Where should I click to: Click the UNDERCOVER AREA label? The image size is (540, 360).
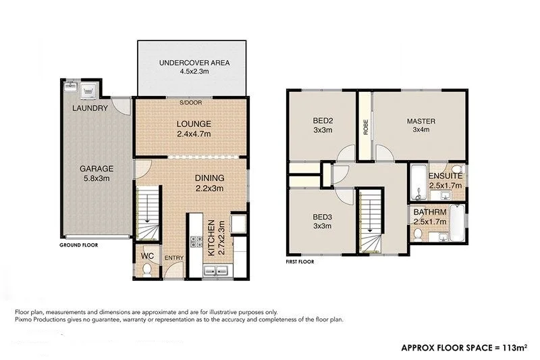pyautogui.click(x=194, y=63)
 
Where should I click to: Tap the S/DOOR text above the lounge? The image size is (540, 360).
pyautogui.click(x=190, y=103)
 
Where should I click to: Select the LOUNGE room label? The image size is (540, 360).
pyautogui.click(x=194, y=124)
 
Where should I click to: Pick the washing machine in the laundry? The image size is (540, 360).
pyautogui.click(x=88, y=91)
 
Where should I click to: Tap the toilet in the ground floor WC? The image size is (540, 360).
pyautogui.click(x=147, y=269)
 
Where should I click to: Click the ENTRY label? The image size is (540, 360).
pyautogui.click(x=173, y=257)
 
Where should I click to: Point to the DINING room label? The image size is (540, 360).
pyautogui.click(x=209, y=178)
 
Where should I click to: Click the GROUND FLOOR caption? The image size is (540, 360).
pyautogui.click(x=78, y=246)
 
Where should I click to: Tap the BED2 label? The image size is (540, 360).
pyautogui.click(x=321, y=122)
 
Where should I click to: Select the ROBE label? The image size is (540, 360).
pyautogui.click(x=365, y=128)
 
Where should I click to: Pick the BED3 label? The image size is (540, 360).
pyautogui.click(x=321, y=217)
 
